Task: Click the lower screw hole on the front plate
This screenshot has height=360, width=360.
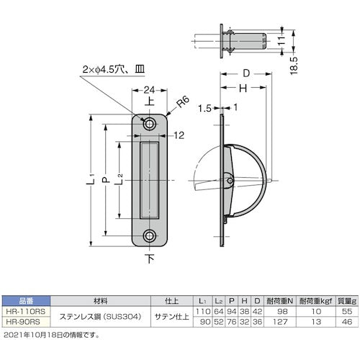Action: point(150,235)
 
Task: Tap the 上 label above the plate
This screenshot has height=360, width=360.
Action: point(150,103)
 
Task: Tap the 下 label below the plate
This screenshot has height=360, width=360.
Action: point(150,258)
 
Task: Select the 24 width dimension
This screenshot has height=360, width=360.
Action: point(149,90)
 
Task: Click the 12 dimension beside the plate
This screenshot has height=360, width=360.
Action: point(180,135)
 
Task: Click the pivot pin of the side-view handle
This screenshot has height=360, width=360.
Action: point(229,178)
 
